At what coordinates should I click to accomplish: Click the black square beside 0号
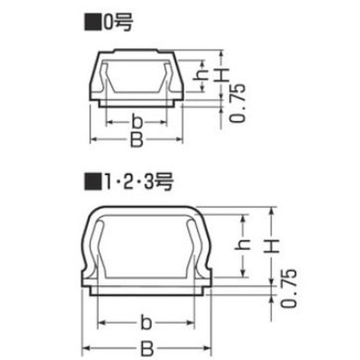93,22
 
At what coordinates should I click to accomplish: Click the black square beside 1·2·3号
93,182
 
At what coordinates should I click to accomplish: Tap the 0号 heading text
118,22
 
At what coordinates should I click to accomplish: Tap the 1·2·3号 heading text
139,182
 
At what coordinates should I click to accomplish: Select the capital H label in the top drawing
222,75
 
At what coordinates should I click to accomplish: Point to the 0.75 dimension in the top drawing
237,103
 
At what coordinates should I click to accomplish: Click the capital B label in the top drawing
137,139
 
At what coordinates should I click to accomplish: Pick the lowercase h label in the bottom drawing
243,244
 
